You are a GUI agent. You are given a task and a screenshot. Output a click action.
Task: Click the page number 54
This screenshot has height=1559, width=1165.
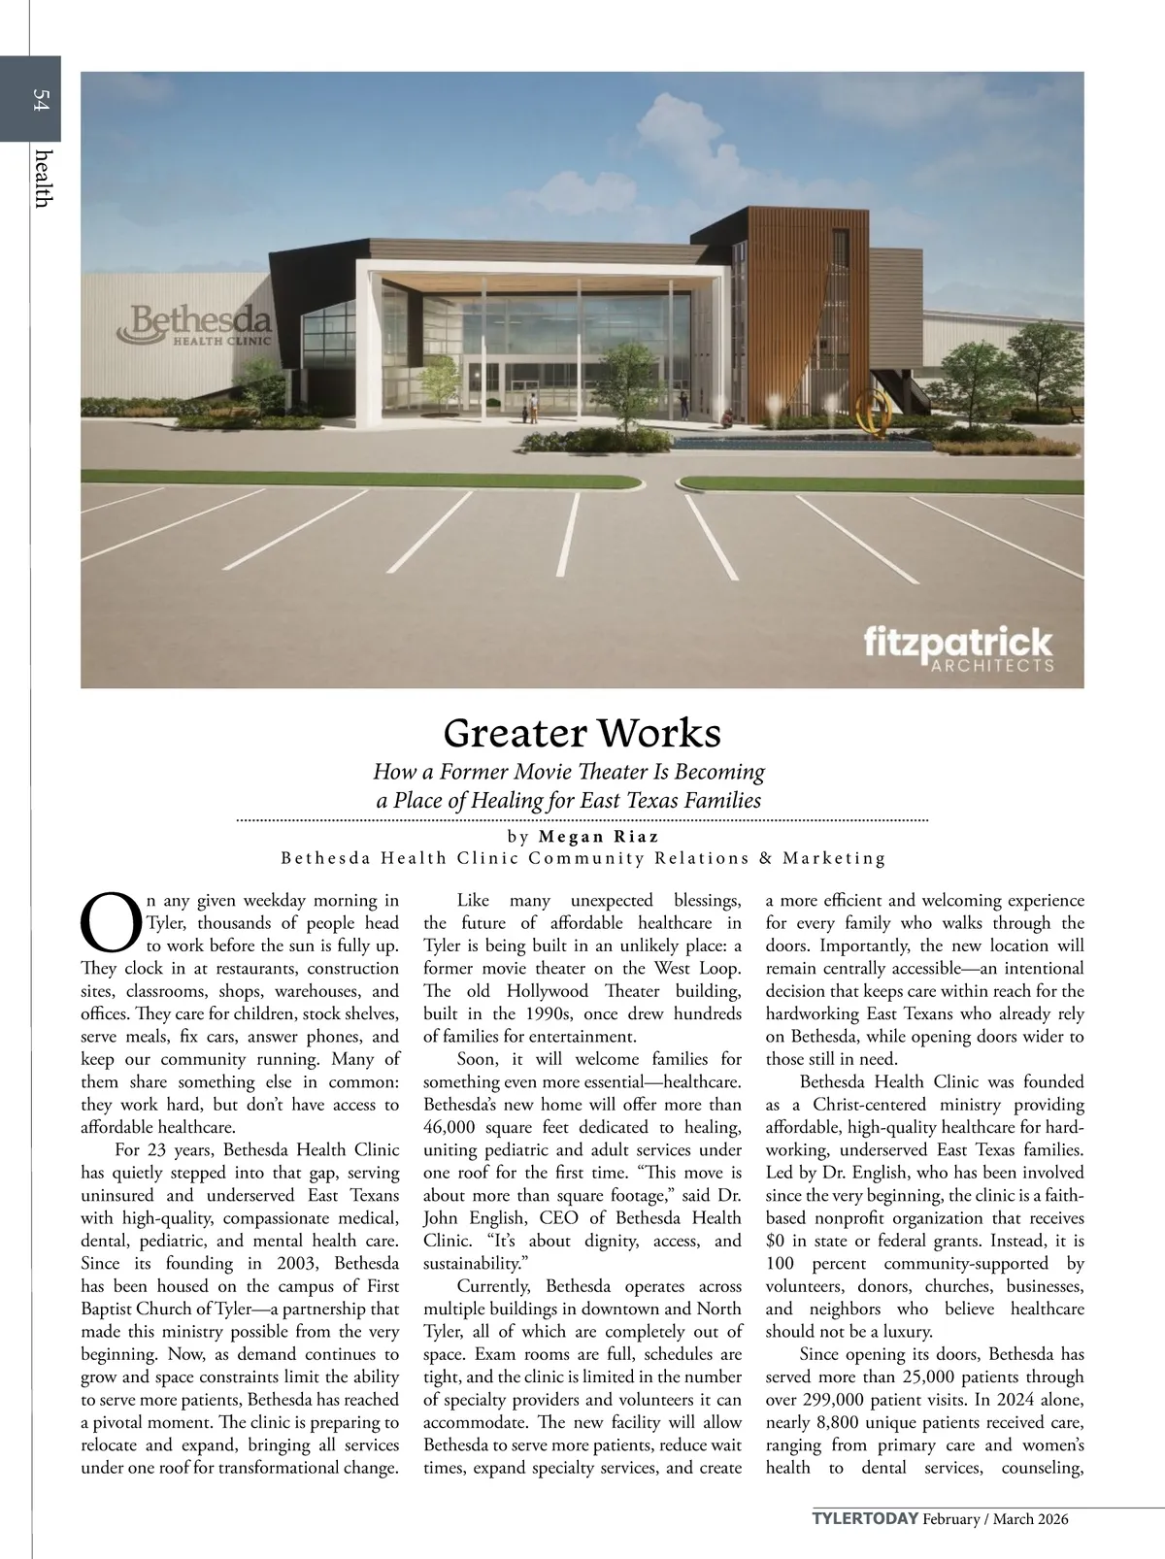click(x=41, y=100)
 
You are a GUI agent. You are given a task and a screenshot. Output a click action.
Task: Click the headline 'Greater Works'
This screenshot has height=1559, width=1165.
click(x=582, y=732)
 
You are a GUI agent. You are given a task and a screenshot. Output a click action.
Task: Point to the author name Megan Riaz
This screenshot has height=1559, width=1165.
click(x=597, y=836)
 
